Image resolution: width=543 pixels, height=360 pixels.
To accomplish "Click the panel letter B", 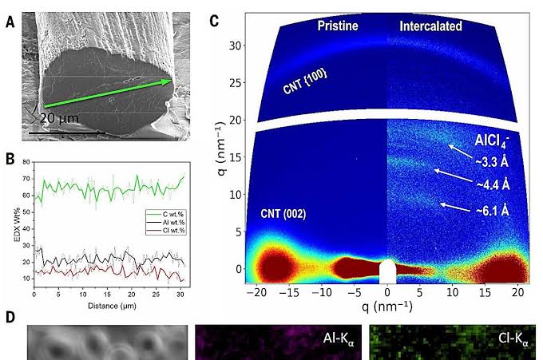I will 10,158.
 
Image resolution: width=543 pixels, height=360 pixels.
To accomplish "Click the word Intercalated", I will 430,26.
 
